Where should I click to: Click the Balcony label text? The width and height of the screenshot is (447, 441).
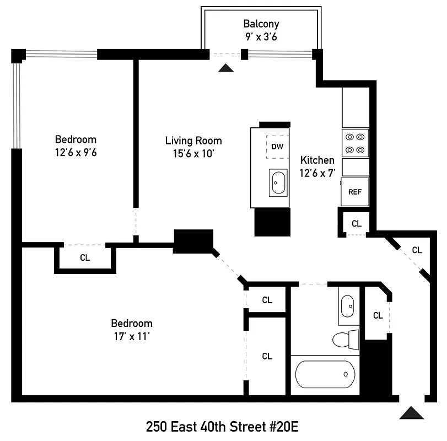click(x=261, y=24)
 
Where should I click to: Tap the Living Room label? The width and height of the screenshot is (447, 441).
click(x=193, y=141)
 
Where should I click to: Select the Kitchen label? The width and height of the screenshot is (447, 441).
click(x=317, y=160)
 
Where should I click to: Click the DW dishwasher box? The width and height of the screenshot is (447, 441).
click(x=277, y=147)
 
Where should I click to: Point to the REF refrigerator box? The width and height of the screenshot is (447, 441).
click(x=355, y=192)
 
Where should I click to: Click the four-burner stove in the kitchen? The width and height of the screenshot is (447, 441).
click(x=355, y=143)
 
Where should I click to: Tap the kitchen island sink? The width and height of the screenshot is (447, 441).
click(x=278, y=183)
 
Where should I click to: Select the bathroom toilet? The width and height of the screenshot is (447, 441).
click(x=346, y=338)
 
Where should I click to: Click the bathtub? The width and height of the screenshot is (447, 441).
click(x=325, y=375)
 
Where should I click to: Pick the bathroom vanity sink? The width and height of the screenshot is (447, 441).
click(x=347, y=306)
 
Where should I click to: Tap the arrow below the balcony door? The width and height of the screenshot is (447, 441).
click(x=225, y=68)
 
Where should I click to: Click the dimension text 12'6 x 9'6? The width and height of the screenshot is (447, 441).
click(x=76, y=153)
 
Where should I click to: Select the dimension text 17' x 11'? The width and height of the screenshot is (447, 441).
click(x=132, y=336)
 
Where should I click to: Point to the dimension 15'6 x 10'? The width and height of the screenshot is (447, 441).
click(x=193, y=154)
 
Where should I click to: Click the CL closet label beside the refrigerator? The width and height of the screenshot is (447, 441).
click(x=357, y=223)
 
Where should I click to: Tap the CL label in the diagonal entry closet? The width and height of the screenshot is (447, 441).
click(x=417, y=250)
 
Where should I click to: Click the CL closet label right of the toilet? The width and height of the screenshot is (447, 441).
click(x=378, y=316)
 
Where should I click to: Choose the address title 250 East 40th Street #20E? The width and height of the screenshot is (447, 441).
click(x=222, y=427)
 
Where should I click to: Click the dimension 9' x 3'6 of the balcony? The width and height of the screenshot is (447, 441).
click(x=261, y=37)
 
